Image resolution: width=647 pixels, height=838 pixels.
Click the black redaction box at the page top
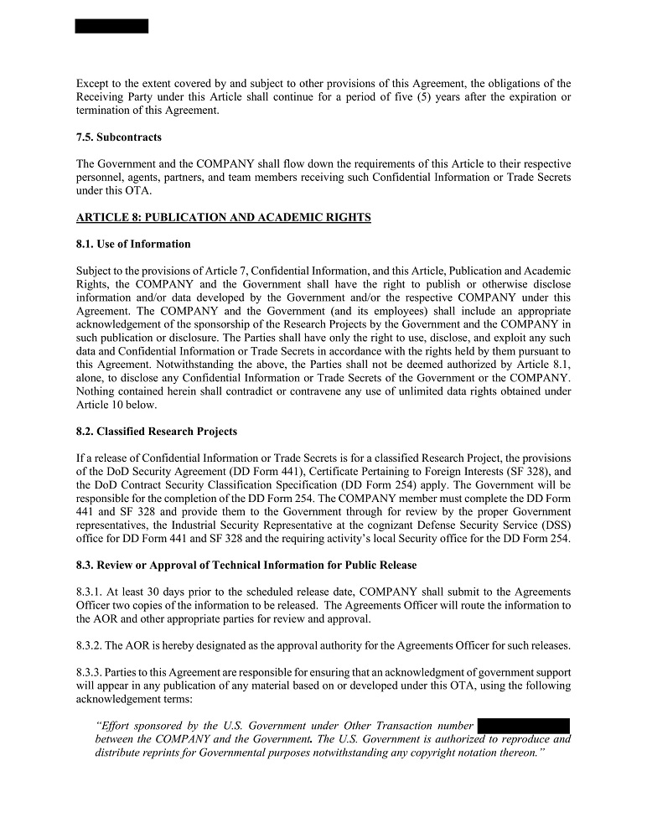click(111, 26)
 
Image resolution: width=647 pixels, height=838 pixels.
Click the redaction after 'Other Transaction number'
click(523, 726)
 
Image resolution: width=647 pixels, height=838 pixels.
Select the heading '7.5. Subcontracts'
click(118, 137)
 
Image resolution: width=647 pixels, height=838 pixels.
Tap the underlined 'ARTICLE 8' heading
click(223, 217)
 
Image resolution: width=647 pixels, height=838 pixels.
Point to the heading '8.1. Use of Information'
click(133, 244)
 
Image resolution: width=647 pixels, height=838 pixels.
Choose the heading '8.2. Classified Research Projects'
click(156, 432)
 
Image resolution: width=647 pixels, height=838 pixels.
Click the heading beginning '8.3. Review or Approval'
click(246, 565)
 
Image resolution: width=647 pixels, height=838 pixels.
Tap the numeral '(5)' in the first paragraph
click(400, 97)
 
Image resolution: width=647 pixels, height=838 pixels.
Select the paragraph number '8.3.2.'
click(91, 644)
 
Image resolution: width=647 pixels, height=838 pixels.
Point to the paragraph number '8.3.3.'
click(91, 672)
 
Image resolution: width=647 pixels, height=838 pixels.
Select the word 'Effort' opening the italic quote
click(115, 726)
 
